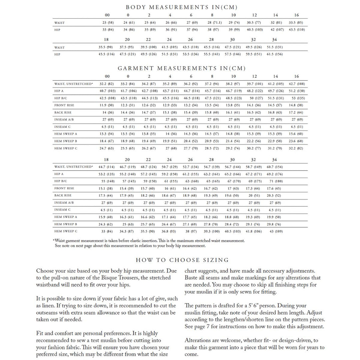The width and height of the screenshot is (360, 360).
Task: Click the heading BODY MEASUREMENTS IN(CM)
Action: [x=182, y=7]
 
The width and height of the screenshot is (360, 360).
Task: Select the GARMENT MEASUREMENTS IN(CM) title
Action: [x=182, y=68]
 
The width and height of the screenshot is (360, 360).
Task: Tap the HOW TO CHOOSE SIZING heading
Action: [x=182, y=260]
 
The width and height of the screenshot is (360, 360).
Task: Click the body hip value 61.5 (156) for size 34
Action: [x=275, y=54]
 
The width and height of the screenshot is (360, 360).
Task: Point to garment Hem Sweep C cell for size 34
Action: [x=276, y=231]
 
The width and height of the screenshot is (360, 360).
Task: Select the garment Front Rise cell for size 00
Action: [x=107, y=105]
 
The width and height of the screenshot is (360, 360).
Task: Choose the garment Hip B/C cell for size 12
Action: [x=254, y=98]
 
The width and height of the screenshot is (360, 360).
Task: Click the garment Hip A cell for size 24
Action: [x=169, y=174]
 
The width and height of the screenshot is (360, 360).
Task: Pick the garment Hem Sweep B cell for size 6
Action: [x=191, y=141]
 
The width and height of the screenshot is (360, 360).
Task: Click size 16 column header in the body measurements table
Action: [x=296, y=15]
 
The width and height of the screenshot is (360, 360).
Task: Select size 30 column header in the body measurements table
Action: [x=232, y=39]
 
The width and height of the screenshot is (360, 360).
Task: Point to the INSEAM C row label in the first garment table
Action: [x=62, y=127]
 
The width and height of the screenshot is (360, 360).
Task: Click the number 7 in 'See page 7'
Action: [x=213, y=327]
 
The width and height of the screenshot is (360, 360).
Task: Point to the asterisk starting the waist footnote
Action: [x=54, y=240]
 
